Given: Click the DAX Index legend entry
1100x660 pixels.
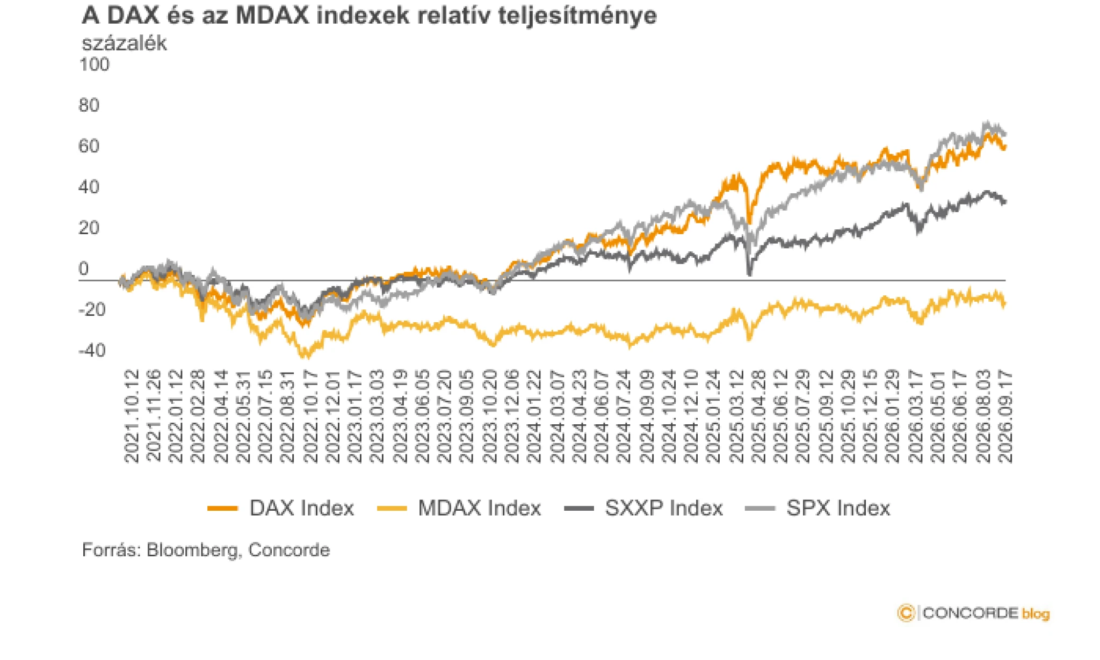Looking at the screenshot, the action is tap(280, 508).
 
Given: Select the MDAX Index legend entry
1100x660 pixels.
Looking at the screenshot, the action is tap(459, 508).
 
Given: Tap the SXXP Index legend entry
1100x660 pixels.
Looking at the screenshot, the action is tap(643, 508).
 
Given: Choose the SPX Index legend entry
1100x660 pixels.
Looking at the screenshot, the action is tap(817, 508).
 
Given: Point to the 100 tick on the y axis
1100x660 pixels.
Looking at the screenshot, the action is tap(94, 64).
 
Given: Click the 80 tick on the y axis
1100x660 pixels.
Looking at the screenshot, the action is tap(89, 105).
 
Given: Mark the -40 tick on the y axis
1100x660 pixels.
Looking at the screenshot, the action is tap(92, 351).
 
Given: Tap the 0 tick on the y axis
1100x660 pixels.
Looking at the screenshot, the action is tap(83, 269).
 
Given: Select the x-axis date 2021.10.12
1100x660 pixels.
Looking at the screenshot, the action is tap(131, 416).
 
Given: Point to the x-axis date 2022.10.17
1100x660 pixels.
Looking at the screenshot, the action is tap(310, 416).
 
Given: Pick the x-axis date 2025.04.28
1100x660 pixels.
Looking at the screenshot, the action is tap(758, 416).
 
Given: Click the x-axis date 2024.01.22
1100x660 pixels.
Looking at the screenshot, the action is tap(534, 416).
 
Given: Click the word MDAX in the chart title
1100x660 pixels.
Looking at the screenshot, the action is tap(273, 16).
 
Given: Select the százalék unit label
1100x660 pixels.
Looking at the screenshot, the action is tap(124, 43).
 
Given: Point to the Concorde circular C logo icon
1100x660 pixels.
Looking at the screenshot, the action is tap(906, 613).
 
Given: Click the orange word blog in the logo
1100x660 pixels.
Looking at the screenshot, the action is tap(1036, 614).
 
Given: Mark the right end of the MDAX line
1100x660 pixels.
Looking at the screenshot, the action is tap(1005, 304).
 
